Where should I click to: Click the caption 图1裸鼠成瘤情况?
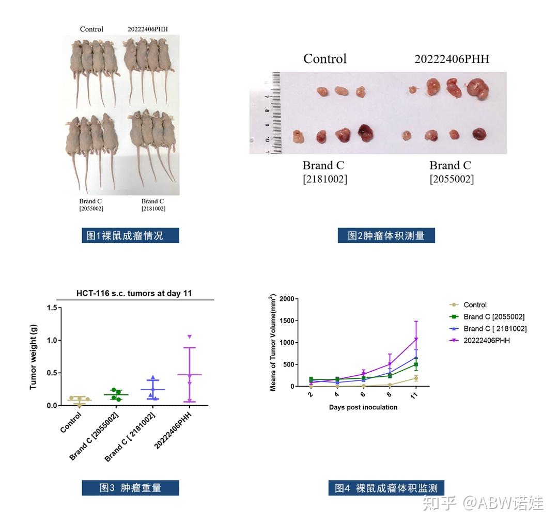point(130,235)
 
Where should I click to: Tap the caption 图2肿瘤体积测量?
point(386,235)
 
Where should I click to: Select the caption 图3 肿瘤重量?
point(130,488)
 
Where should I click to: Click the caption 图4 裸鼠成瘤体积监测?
point(386,488)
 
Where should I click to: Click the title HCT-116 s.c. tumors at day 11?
point(134,293)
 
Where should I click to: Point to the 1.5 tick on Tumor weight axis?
point(51,308)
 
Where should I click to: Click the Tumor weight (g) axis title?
point(34,357)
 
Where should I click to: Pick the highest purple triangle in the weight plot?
point(190,337)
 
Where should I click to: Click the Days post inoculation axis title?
point(363,407)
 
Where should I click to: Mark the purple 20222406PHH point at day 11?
point(415,339)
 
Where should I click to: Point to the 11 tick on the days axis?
point(415,394)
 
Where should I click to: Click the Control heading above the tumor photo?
point(325,59)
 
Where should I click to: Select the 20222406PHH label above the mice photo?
point(148,29)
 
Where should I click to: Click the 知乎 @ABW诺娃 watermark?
point(483,502)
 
